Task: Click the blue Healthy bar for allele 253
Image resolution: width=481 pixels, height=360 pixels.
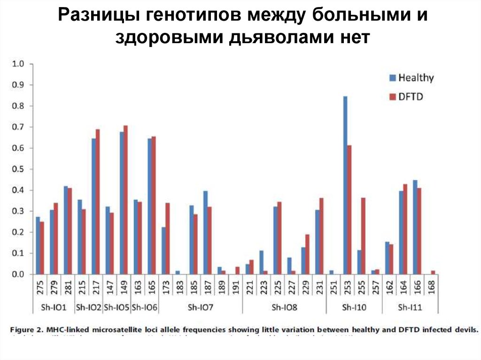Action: (x=345, y=185)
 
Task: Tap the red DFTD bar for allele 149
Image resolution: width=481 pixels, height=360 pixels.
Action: (x=125, y=200)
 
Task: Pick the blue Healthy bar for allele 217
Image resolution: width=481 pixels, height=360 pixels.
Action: (x=94, y=207)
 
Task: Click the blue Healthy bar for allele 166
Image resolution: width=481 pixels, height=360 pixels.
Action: (x=415, y=227)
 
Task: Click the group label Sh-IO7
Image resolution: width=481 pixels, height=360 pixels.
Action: (x=201, y=308)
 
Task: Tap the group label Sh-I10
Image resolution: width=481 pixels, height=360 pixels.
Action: (x=354, y=308)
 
